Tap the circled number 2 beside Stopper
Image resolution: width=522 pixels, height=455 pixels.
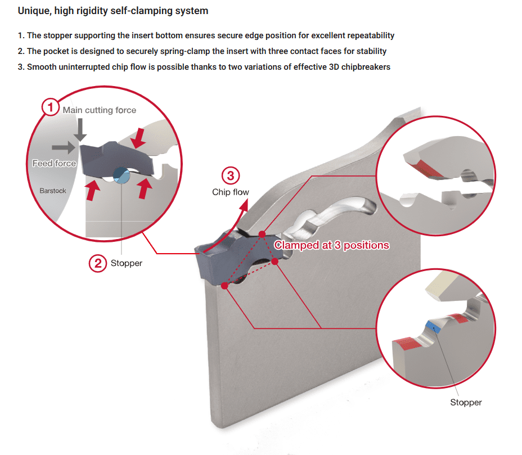[98, 263]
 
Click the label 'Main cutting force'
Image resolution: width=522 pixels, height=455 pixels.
[100, 110]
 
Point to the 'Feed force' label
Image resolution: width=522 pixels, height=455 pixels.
[54, 163]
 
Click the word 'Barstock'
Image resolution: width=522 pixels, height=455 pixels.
[53, 191]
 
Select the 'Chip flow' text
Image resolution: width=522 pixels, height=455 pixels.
[230, 192]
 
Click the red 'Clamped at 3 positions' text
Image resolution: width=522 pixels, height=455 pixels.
[331, 245]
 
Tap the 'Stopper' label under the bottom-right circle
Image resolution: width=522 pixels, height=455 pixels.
[466, 402]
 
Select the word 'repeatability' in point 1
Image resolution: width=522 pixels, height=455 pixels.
[369, 35]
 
